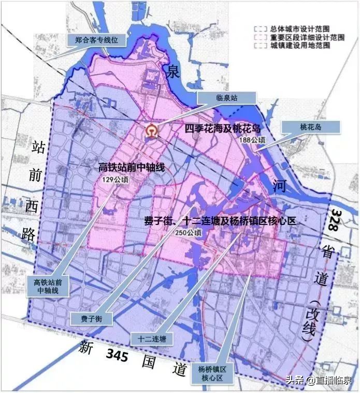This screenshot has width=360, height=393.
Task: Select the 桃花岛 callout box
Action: (x=310, y=126)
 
